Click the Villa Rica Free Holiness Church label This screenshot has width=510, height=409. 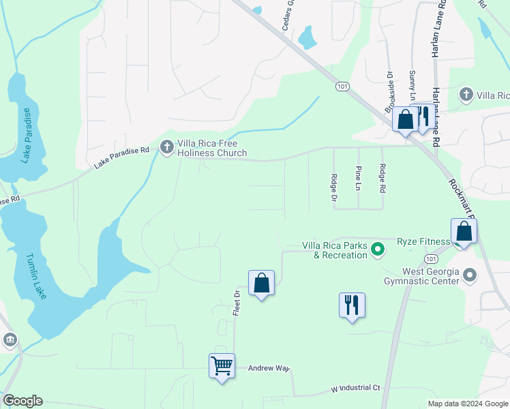point(211,148)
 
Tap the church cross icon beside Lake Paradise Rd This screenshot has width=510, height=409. point(167,147)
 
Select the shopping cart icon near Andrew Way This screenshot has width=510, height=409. point(222,366)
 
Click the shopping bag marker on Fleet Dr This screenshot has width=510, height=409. point(261,282)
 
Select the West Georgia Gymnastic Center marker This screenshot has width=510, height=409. point(469,275)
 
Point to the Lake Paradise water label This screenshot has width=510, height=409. point(27,136)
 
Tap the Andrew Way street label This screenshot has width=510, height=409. point(269,368)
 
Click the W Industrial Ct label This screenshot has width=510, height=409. point(355,388)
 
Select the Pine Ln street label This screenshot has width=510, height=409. point(358,177)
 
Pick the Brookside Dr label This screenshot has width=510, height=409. point(390,92)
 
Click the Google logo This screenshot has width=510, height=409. point(22,401)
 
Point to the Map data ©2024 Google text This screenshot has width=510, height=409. point(467,404)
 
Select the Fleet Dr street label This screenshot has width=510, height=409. point(237,301)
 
